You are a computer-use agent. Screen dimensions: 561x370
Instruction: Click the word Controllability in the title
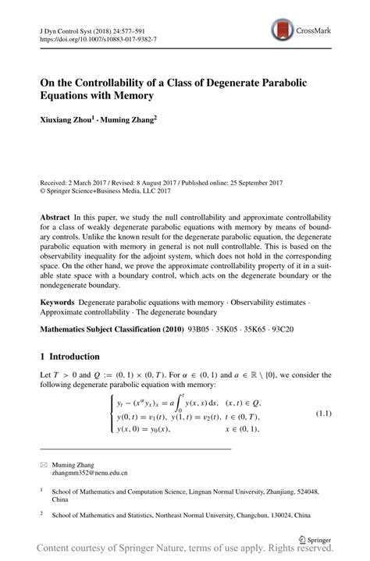pos(118,81)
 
